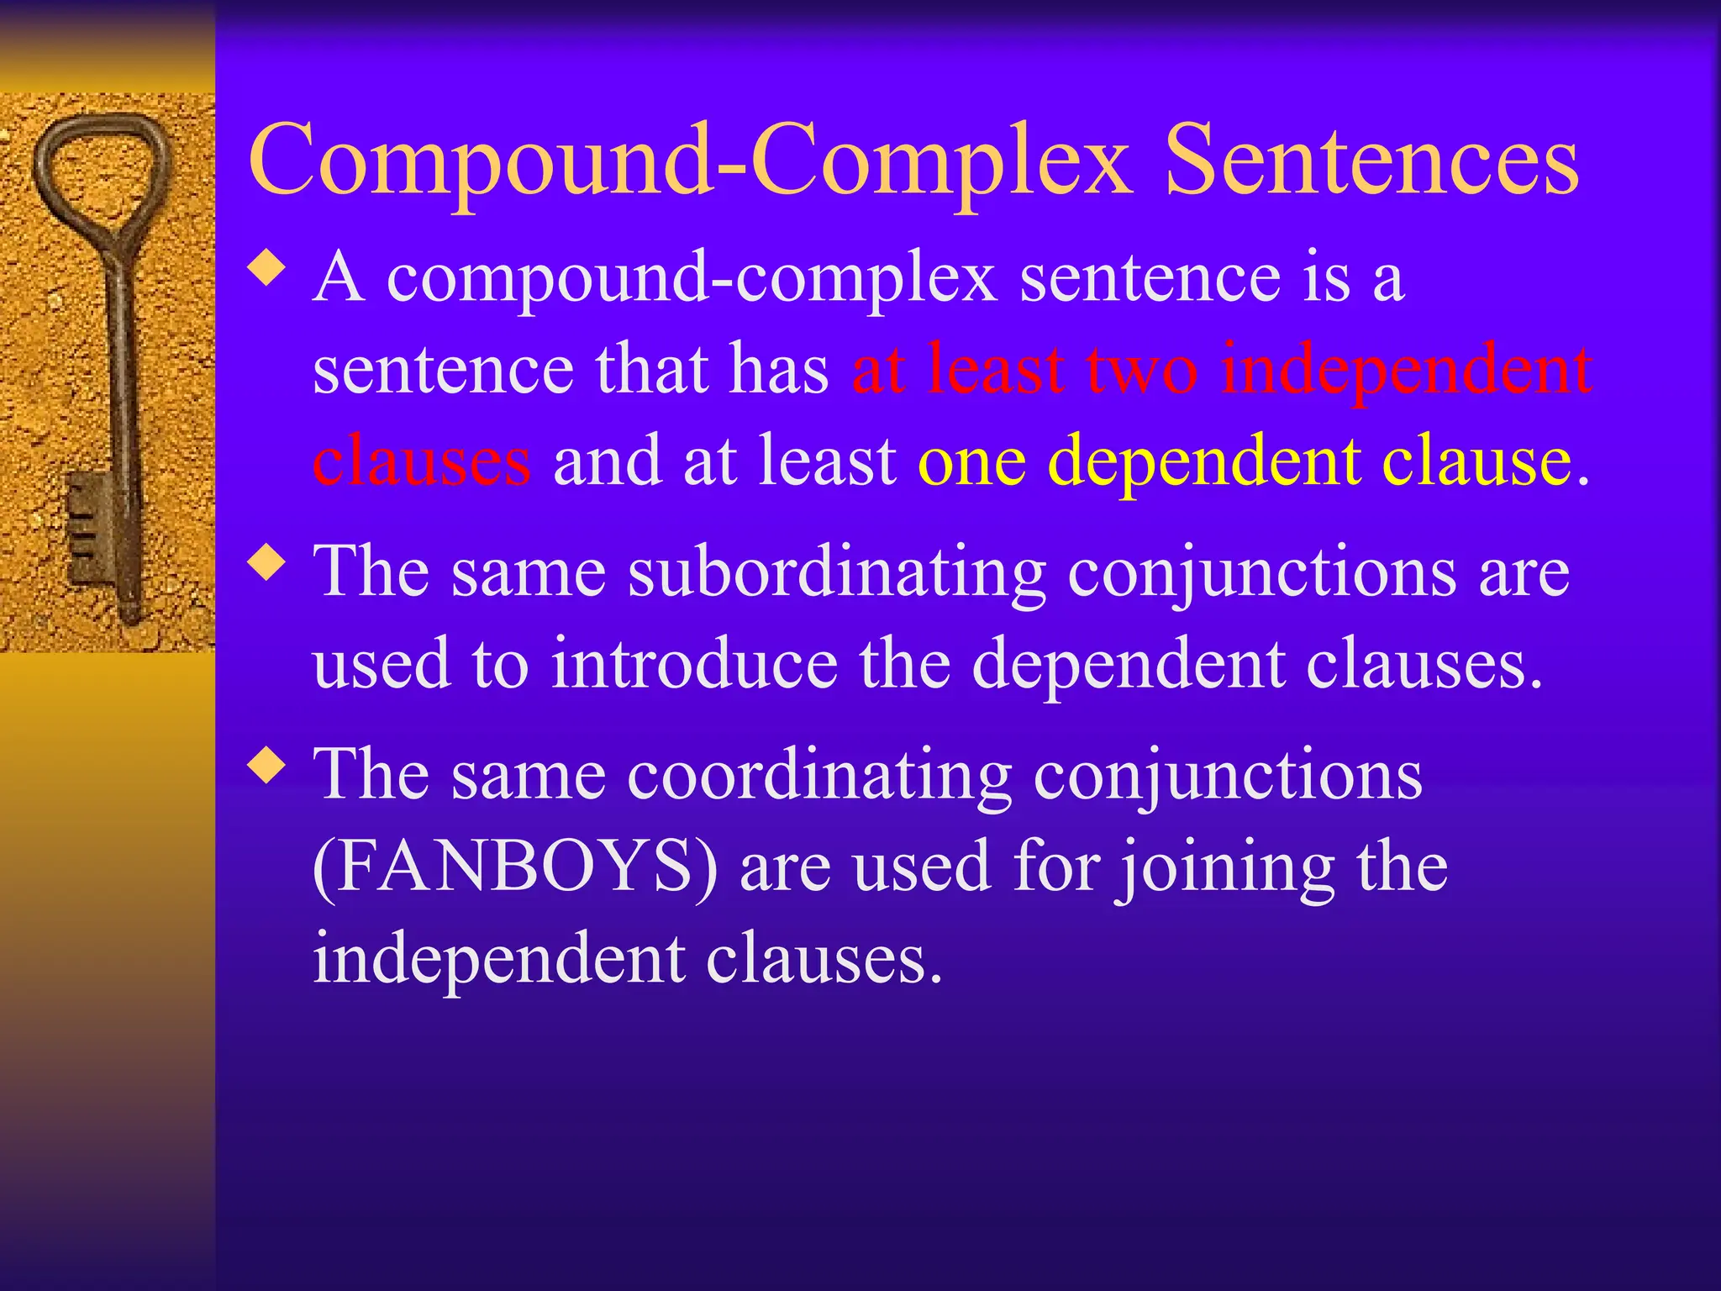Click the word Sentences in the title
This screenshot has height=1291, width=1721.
tap(1371, 160)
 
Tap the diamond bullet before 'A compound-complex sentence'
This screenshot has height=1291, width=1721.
tap(267, 270)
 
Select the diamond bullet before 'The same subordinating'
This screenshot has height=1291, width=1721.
tap(267, 563)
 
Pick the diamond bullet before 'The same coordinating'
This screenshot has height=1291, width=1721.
tap(267, 767)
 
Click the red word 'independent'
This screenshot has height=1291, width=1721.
tap(1407, 370)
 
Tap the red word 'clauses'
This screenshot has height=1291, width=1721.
tap(422, 461)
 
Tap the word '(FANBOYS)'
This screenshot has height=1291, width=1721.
tap(515, 867)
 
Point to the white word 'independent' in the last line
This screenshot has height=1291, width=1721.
tap(497, 960)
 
